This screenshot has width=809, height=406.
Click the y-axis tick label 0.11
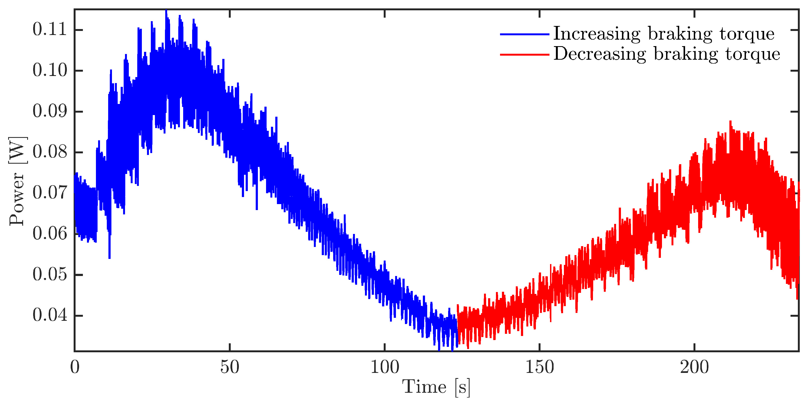(50, 30)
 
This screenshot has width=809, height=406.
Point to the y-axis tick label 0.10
(50, 70)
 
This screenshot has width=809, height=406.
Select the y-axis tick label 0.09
(50, 111)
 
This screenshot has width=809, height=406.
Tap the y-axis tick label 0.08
(50, 152)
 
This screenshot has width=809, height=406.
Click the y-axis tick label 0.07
(50, 193)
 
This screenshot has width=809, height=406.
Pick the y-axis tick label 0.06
(50, 234)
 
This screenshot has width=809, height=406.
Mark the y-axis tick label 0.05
(50, 275)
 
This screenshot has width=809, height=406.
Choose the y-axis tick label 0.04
(50, 315)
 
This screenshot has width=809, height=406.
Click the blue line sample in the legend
(524, 34)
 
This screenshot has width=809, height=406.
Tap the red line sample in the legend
(524, 55)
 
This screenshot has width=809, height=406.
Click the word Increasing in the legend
(596, 34)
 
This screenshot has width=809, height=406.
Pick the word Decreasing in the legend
(599, 54)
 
